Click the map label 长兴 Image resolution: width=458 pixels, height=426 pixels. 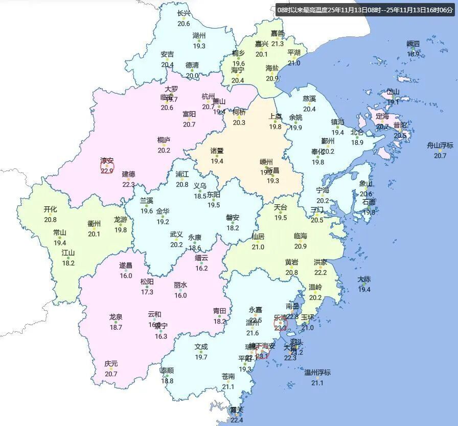coord(184,14)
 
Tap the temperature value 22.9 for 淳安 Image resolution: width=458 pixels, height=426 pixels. coord(107,171)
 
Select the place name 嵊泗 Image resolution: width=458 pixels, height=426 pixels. coord(413,44)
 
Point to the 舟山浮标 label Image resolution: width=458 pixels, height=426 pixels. coord(440,145)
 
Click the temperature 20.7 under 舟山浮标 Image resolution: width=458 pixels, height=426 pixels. coord(440,155)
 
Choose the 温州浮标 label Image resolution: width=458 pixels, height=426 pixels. coord(317,372)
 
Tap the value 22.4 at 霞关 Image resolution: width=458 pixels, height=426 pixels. coord(237,420)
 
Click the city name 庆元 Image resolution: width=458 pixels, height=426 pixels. coord(111,364)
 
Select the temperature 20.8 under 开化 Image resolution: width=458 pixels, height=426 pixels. coord(50,219)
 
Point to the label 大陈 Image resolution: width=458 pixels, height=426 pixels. coord(364,280)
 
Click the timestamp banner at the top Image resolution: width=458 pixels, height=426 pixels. coord(364,10)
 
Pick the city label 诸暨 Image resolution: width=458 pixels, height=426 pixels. coord(217,151)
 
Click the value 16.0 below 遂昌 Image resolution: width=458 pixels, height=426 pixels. coord(126,275)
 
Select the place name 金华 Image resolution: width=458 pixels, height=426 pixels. coord(163,211)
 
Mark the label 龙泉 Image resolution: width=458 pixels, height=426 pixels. coord(116,317)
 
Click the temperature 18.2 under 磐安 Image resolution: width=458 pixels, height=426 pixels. coord(233,227)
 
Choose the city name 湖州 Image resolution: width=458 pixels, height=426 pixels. coord(199,36)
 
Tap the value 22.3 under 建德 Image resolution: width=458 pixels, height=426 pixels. coord(128,184)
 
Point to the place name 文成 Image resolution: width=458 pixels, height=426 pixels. coord(201,347)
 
